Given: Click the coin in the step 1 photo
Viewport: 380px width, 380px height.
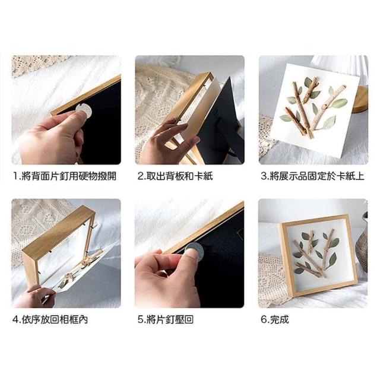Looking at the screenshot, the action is coord(84,111).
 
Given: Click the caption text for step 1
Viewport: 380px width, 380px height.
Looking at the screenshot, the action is coord(65,176).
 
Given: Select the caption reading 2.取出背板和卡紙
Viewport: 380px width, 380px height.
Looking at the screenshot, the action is coord(175,176).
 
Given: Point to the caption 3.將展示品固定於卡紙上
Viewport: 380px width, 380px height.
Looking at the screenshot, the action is coord(313,176).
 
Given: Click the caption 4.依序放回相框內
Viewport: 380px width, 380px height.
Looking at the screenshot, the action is coord(50,319).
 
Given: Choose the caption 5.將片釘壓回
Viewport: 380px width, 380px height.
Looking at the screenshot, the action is coord(166,319).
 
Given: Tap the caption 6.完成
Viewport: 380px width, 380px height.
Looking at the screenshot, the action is coord(275,319).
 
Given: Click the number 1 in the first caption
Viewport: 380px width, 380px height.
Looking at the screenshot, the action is coord(15,176).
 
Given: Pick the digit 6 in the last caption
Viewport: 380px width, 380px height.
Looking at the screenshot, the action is coord(264,319).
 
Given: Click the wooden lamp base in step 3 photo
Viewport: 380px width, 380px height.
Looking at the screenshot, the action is coord(360,100).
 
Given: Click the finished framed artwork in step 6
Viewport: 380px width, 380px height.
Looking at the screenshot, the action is coord(318,256).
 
